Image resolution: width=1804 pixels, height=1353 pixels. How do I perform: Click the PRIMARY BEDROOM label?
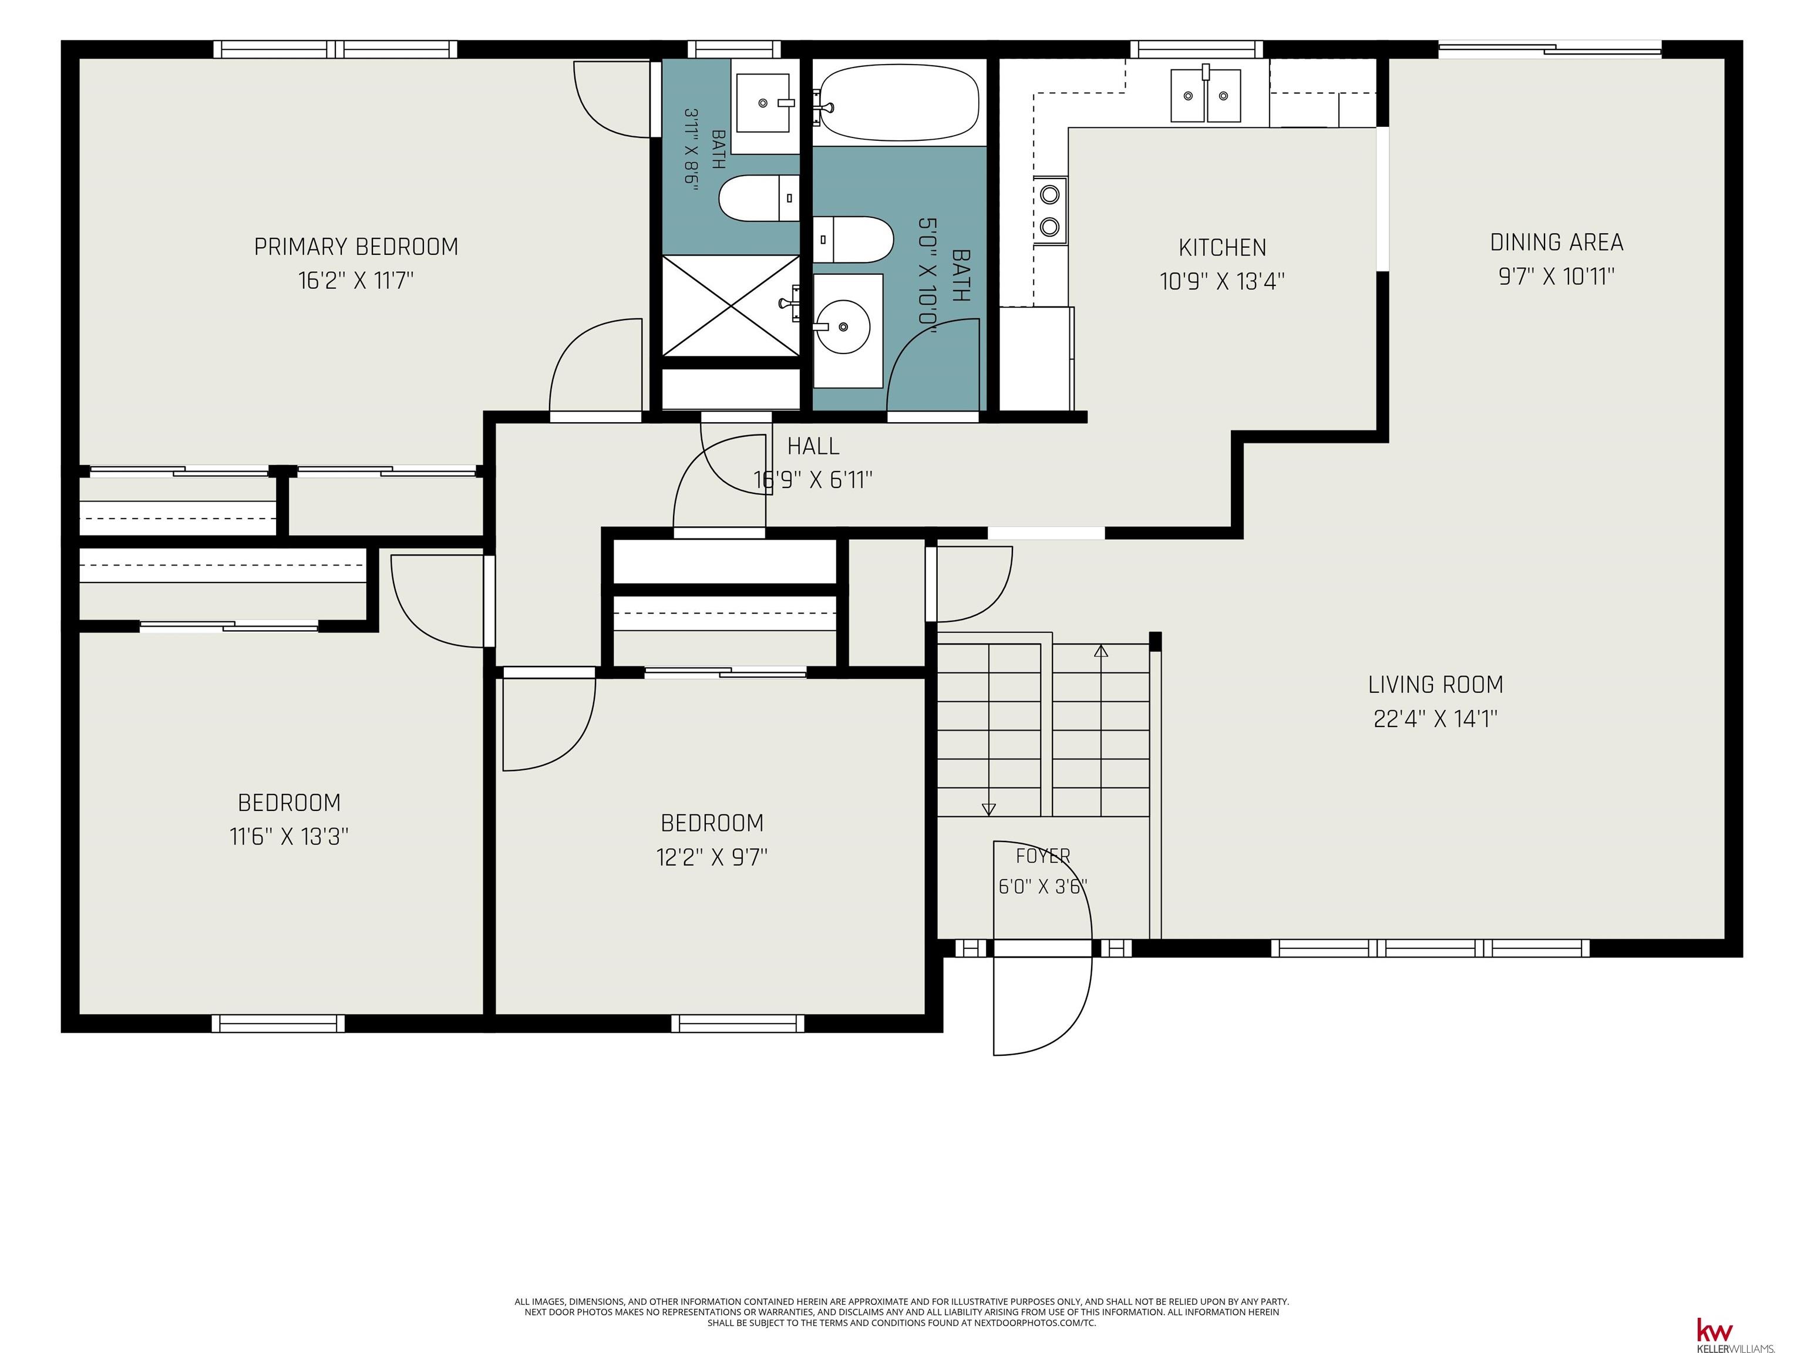(x=356, y=246)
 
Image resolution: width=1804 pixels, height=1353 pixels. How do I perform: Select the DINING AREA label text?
(x=1556, y=242)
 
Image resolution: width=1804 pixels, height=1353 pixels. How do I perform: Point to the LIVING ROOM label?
(x=1435, y=684)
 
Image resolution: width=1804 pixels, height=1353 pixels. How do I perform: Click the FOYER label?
(x=1043, y=856)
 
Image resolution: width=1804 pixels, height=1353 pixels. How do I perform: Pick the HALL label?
(x=813, y=446)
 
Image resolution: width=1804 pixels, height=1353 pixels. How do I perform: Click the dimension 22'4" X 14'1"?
(x=1435, y=719)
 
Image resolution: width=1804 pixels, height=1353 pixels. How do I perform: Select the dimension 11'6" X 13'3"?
(x=290, y=836)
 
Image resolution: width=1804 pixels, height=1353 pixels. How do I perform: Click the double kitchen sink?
(x=1206, y=95)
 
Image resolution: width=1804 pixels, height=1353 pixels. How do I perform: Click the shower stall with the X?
(x=731, y=306)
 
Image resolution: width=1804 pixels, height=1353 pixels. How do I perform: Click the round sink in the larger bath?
(x=843, y=327)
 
